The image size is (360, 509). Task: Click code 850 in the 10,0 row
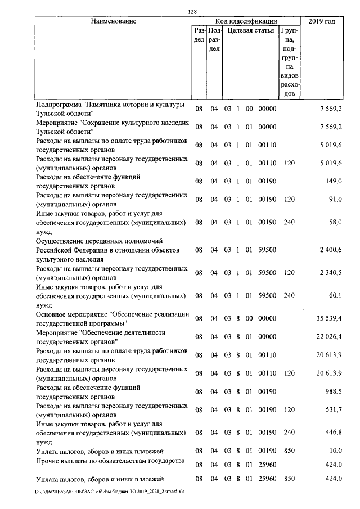point(289,450)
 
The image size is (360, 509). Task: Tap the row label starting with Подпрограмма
point(110,109)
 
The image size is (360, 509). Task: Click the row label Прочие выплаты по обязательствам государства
point(110,461)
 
